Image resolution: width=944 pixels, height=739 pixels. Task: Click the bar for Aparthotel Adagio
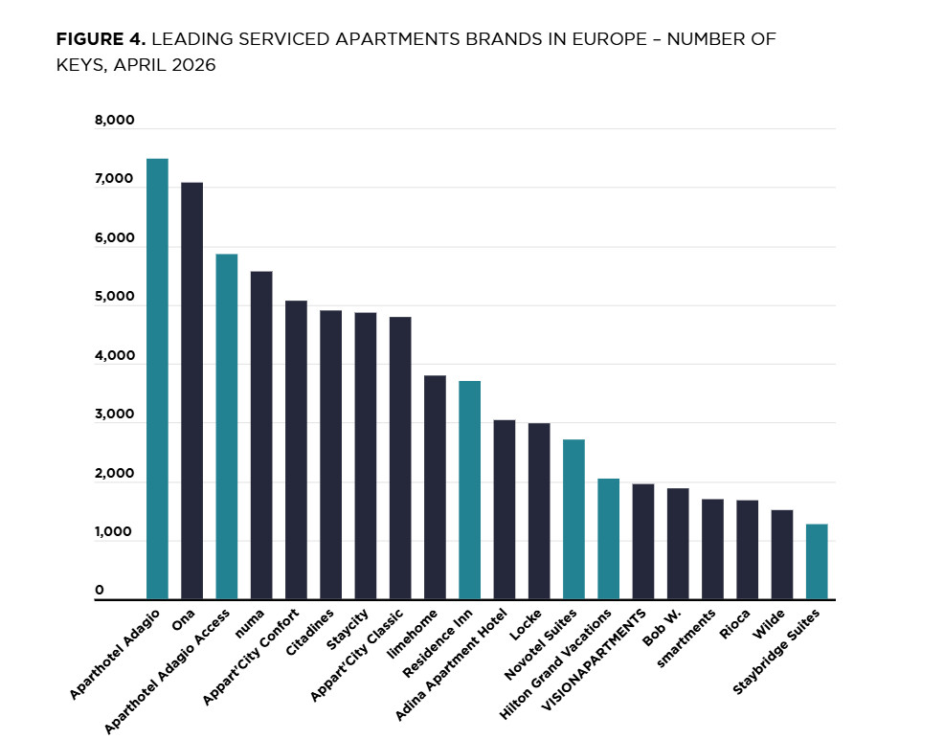(157, 378)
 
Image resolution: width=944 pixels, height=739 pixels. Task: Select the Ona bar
(192, 391)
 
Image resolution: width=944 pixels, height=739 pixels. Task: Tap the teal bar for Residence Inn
(469, 490)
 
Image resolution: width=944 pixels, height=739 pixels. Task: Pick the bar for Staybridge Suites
(817, 562)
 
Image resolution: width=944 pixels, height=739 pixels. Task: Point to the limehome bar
(435, 487)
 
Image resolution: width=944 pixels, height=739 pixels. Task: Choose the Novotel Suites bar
(573, 520)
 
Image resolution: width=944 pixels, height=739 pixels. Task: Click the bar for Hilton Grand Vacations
(609, 539)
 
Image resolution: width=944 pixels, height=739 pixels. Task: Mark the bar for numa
(261, 436)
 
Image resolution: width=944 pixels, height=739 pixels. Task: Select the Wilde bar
(782, 554)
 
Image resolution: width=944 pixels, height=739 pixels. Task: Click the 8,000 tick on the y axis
(114, 120)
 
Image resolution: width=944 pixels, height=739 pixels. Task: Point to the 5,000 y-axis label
(114, 296)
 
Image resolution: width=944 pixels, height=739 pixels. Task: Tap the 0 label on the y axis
(100, 590)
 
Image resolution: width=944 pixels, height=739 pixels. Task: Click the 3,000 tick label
(114, 414)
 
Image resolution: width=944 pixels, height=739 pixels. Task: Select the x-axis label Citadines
(309, 633)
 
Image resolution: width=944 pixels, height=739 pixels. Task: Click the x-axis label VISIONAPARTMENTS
(594, 661)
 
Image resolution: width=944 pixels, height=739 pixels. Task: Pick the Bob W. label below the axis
(662, 628)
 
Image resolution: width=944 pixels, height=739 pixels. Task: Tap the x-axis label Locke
(526, 625)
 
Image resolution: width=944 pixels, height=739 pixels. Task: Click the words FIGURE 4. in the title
(101, 39)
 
